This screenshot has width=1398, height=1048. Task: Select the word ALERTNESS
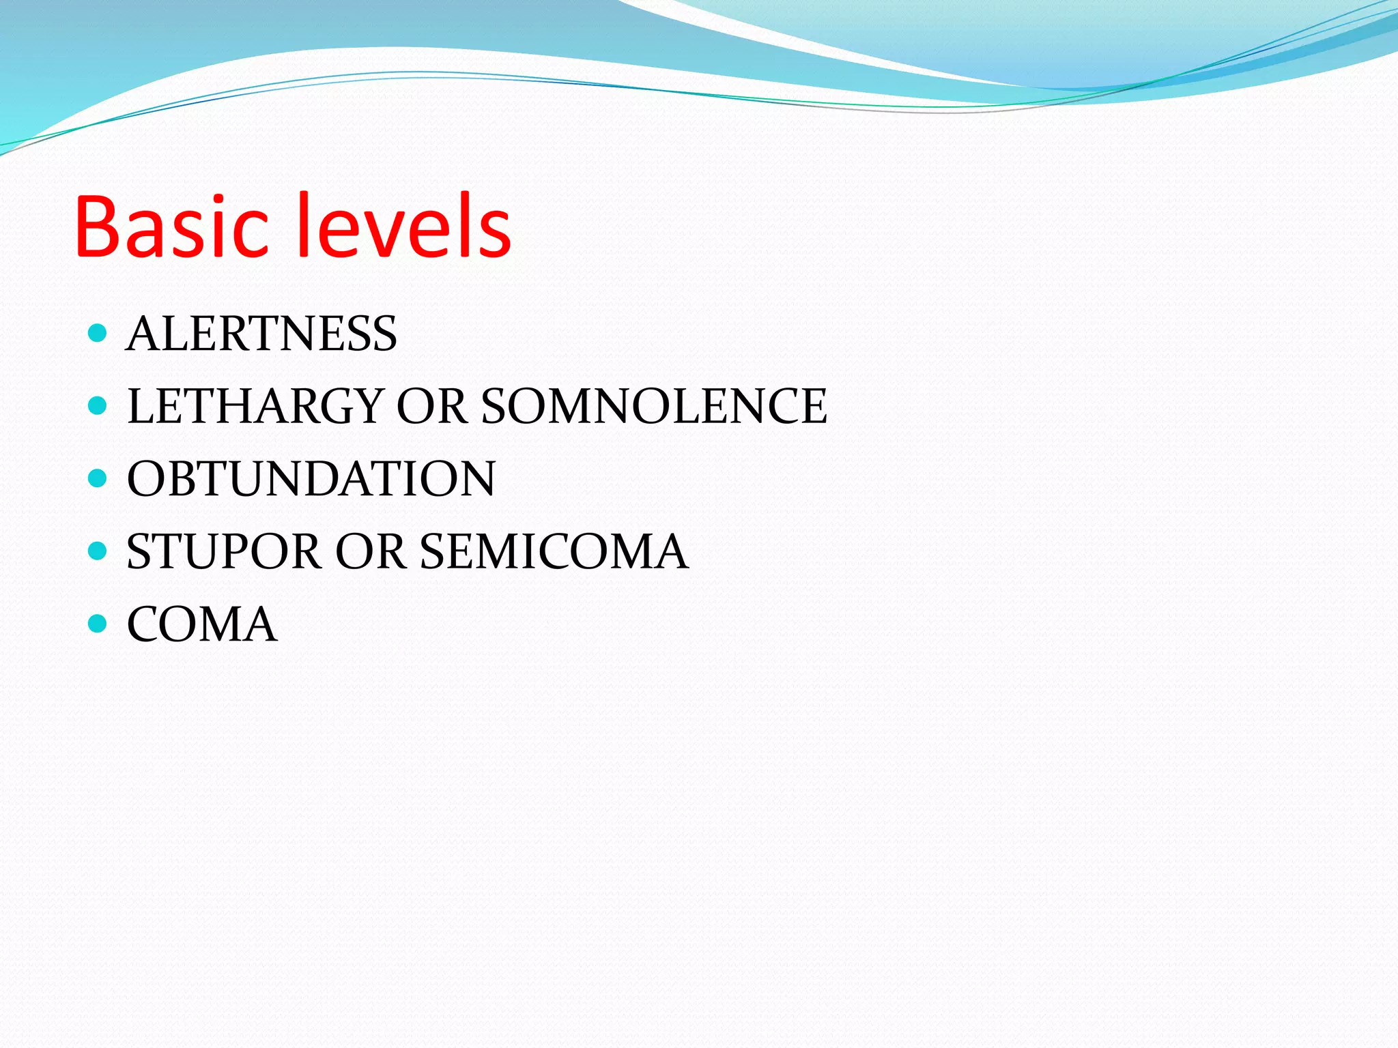pos(261,334)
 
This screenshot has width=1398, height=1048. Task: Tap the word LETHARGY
pos(255,406)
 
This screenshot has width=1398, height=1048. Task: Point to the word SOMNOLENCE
pos(654,406)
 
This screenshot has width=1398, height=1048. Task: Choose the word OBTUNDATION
pos(311,479)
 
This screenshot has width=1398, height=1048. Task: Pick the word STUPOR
pos(224,551)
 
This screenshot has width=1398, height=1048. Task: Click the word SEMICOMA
pos(554,551)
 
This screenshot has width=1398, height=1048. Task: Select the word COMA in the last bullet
pos(202,624)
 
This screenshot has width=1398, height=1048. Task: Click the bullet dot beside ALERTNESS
pos(98,333)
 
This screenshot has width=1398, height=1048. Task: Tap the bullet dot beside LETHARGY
pos(98,406)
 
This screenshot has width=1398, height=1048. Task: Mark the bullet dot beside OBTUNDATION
pos(98,478)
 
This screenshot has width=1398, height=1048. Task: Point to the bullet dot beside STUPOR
pos(98,551)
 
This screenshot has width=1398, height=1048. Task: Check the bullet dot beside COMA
pos(98,623)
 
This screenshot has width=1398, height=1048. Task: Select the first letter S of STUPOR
pos(139,551)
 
